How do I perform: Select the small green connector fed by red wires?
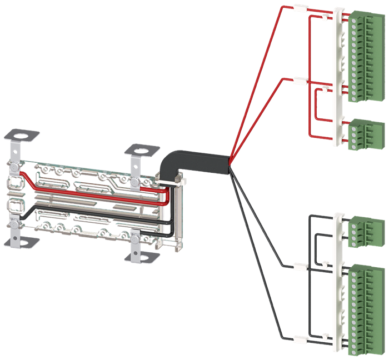(x=361, y=133)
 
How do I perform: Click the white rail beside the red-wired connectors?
(x=337, y=78)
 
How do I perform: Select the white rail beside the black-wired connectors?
(x=337, y=283)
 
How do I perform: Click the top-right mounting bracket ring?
(x=139, y=150)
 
